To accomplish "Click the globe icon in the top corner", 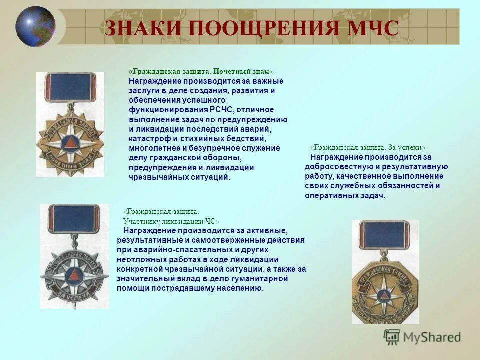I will pyautogui.click(x=35, y=26).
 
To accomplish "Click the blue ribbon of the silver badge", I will pyautogui.click(x=74, y=219).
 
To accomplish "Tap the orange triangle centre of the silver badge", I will pyautogui.click(x=74, y=274).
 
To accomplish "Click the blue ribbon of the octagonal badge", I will pyautogui.click(x=384, y=235).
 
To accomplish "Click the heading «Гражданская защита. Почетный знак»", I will pyautogui.click(x=201, y=72).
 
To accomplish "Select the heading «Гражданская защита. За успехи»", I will pyautogui.click(x=368, y=148).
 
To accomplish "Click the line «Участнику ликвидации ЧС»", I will pyautogui.click(x=171, y=221).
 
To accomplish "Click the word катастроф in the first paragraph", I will pyautogui.click(x=148, y=139).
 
